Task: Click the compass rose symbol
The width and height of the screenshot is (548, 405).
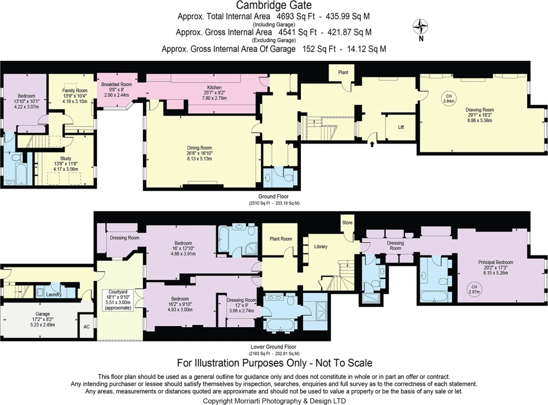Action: click(x=421, y=27)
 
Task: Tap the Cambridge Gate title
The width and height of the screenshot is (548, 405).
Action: click(x=274, y=5)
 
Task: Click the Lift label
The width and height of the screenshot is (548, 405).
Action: click(x=401, y=127)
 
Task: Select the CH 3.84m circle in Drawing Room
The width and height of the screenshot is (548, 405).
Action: click(x=449, y=99)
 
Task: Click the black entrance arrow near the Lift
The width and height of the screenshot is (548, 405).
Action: click(x=372, y=143)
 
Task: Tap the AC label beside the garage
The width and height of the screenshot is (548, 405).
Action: click(x=87, y=327)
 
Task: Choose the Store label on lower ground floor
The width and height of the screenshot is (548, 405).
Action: click(x=347, y=223)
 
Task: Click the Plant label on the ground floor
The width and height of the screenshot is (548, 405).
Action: click(x=343, y=72)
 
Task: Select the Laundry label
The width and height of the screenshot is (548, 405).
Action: click(x=54, y=295)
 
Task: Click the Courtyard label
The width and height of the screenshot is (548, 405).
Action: click(x=118, y=292)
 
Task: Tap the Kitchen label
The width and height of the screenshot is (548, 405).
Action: click(x=214, y=87)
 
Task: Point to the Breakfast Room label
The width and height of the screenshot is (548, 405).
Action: click(x=117, y=84)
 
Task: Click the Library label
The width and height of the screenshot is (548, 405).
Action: click(x=321, y=247)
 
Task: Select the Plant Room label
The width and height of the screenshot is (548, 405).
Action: click(x=281, y=239)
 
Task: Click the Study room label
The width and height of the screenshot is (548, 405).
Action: click(x=66, y=158)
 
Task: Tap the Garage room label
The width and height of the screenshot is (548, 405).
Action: click(x=43, y=314)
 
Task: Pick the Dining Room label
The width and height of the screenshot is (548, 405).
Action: click(x=199, y=148)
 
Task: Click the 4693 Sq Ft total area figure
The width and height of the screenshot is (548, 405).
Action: click(x=296, y=16)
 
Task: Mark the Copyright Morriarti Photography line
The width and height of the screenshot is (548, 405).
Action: click(x=275, y=401)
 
